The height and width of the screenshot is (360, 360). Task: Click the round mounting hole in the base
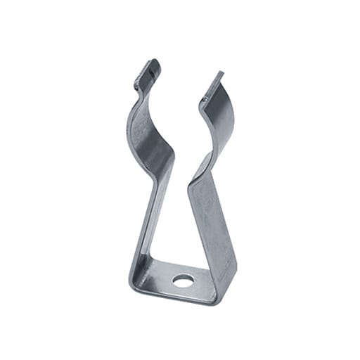pos(182,281)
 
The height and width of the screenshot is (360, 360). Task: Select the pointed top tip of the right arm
pos(218,75)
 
